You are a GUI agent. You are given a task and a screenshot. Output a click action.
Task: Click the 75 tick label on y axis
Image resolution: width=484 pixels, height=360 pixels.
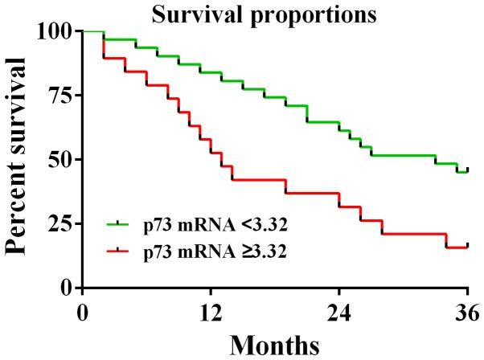(x=61, y=96)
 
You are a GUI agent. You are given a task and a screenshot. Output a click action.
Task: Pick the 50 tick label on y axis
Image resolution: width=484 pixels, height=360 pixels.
(x=61, y=159)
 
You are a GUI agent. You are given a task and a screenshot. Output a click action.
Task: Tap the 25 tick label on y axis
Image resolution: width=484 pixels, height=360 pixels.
(x=61, y=223)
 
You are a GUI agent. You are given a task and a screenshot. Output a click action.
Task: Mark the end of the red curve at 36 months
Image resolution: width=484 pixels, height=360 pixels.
(x=467, y=246)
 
